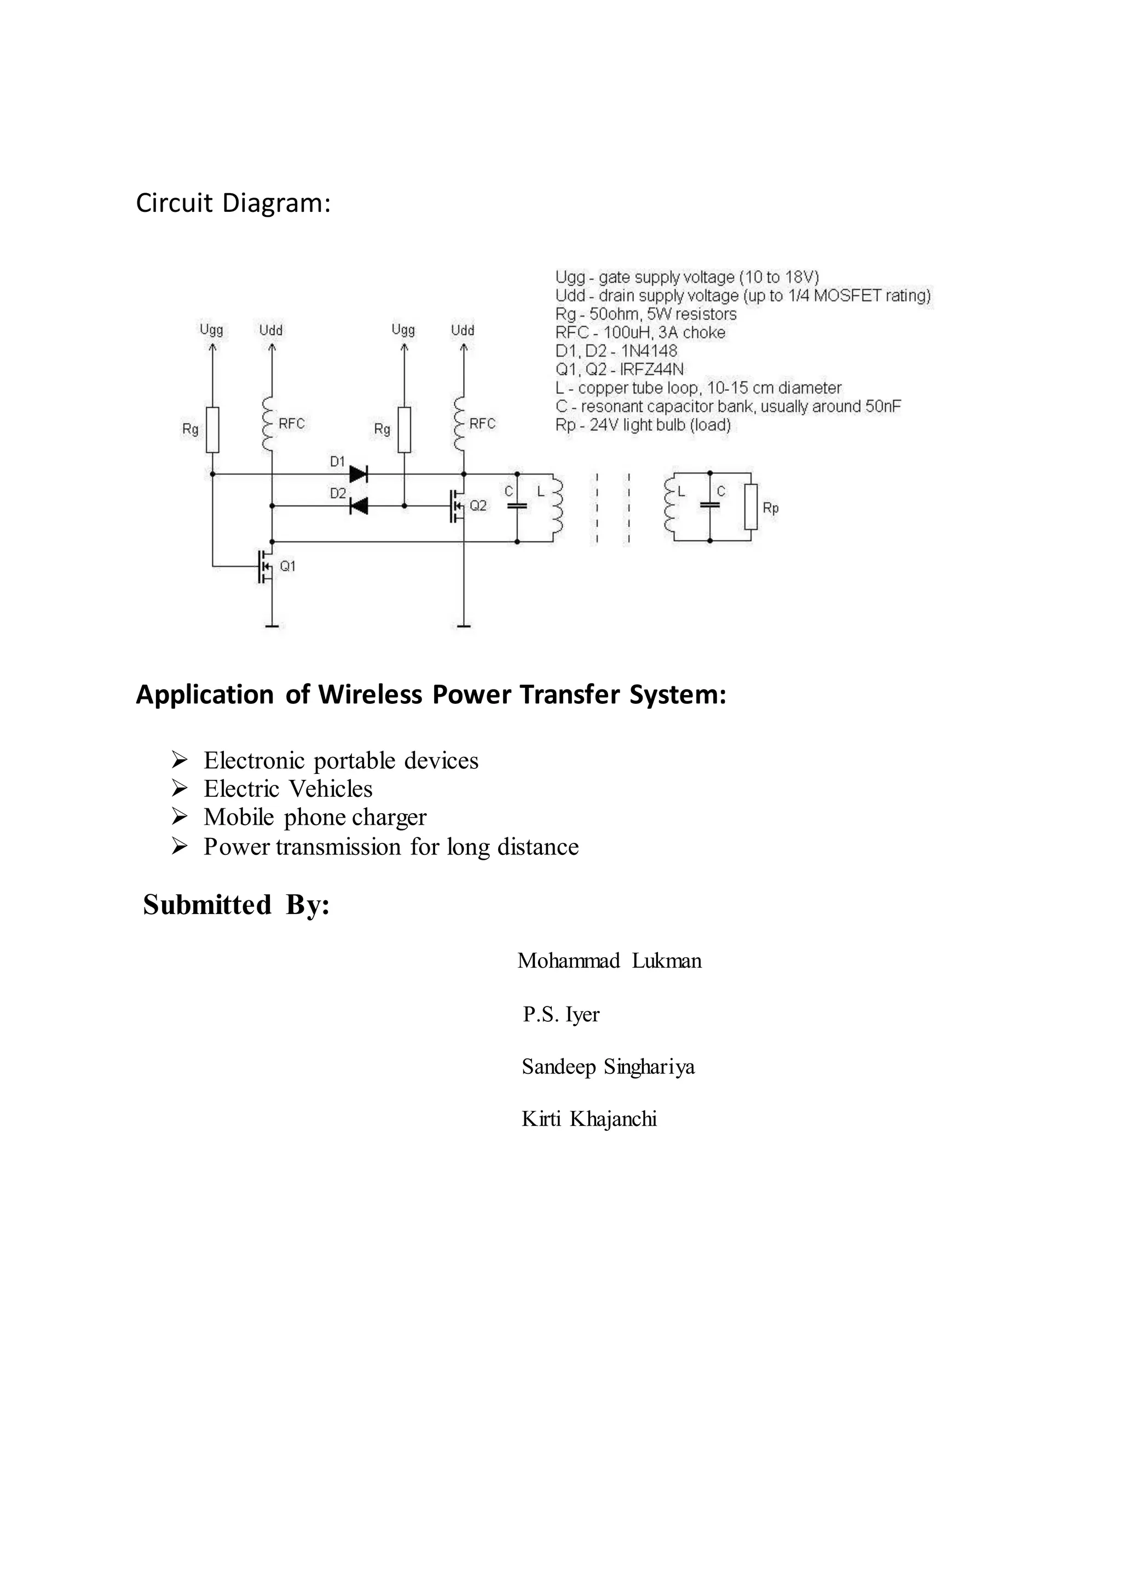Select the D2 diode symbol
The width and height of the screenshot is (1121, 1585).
tap(359, 506)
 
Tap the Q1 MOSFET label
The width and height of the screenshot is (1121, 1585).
tap(287, 566)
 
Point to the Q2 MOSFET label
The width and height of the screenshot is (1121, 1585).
tap(478, 506)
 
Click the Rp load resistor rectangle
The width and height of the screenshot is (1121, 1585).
tap(750, 507)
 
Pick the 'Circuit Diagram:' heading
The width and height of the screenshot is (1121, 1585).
tap(233, 203)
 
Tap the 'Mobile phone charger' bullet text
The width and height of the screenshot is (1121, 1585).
tap(315, 817)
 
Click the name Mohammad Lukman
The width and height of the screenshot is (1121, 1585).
tap(610, 961)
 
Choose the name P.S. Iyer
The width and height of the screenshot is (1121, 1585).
tap(561, 1014)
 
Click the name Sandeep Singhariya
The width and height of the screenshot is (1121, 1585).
tap(608, 1067)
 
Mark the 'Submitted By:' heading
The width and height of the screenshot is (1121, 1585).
tap(236, 905)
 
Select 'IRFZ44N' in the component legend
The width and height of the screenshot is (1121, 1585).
tap(651, 369)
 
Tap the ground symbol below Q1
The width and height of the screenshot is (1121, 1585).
tap(272, 626)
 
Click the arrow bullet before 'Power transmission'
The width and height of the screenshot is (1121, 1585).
tap(180, 846)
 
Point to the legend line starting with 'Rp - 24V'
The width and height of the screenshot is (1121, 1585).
tap(643, 425)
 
